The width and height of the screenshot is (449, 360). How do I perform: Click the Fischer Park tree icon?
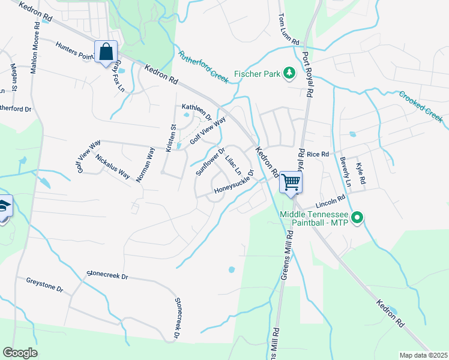pyautogui.click(x=289, y=73)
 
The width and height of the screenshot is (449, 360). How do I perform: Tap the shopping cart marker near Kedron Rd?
pyautogui.click(x=291, y=182)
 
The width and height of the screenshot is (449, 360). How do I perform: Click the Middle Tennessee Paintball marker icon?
pyautogui.click(x=358, y=217)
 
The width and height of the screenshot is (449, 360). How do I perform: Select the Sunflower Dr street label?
pyautogui.click(x=210, y=161)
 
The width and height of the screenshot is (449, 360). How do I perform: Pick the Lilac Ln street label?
pyautogui.click(x=233, y=165)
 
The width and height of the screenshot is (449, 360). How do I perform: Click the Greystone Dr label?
pyautogui.click(x=44, y=284)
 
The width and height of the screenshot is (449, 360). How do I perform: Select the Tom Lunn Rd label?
pyautogui.click(x=289, y=31)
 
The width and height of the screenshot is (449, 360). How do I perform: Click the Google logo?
pyautogui.click(x=20, y=353)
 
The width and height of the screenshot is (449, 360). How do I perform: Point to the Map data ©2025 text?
pyautogui.click(x=423, y=355)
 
